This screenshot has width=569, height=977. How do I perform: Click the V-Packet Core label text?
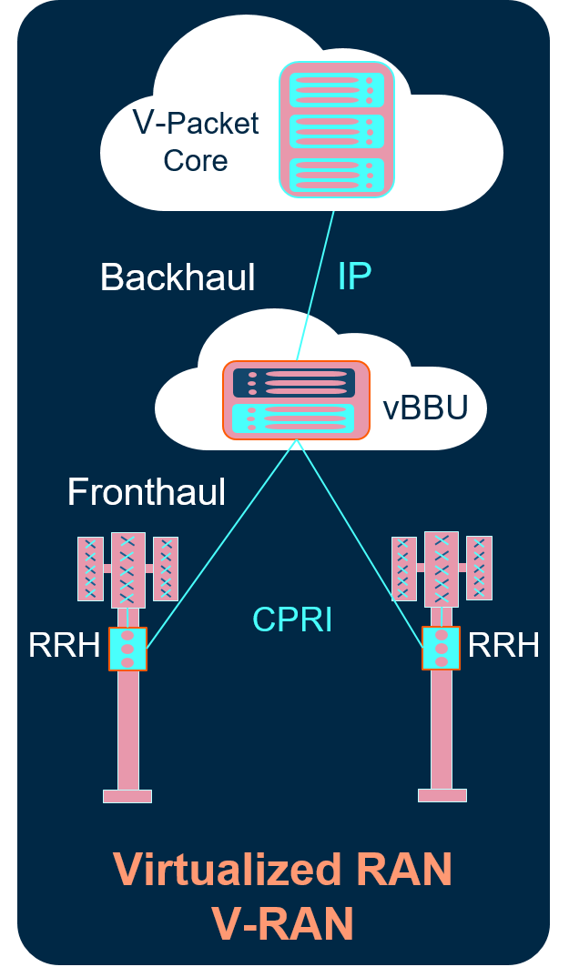click(x=196, y=142)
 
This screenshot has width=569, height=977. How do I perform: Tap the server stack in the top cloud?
click(x=337, y=129)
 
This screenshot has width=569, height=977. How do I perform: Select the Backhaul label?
click(x=178, y=277)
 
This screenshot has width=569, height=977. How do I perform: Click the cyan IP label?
click(x=354, y=276)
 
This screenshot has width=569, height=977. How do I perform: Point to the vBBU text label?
click(x=425, y=408)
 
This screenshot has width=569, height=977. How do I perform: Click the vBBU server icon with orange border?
click(x=297, y=400)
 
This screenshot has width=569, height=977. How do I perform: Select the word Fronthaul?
click(x=147, y=491)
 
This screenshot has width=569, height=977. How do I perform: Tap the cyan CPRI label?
click(x=292, y=619)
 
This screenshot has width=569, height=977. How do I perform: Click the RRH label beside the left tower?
click(x=65, y=646)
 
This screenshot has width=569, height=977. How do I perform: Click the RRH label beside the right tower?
click(x=503, y=645)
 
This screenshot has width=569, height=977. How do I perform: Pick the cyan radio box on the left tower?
click(x=127, y=649)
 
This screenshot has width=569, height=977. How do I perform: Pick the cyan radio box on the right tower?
click(x=442, y=648)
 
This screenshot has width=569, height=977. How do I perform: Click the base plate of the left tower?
click(x=127, y=796)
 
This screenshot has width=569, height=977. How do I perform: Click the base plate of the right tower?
click(x=442, y=795)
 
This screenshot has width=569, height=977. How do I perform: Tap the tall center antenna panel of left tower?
click(x=127, y=570)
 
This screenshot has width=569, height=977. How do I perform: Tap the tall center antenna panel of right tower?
click(x=442, y=569)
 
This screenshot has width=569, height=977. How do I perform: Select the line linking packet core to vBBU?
click(x=315, y=286)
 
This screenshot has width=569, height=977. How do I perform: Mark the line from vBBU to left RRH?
click(x=221, y=545)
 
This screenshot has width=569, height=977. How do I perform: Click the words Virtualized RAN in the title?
click(x=282, y=870)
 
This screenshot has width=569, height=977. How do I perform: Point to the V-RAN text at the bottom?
click(x=282, y=922)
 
